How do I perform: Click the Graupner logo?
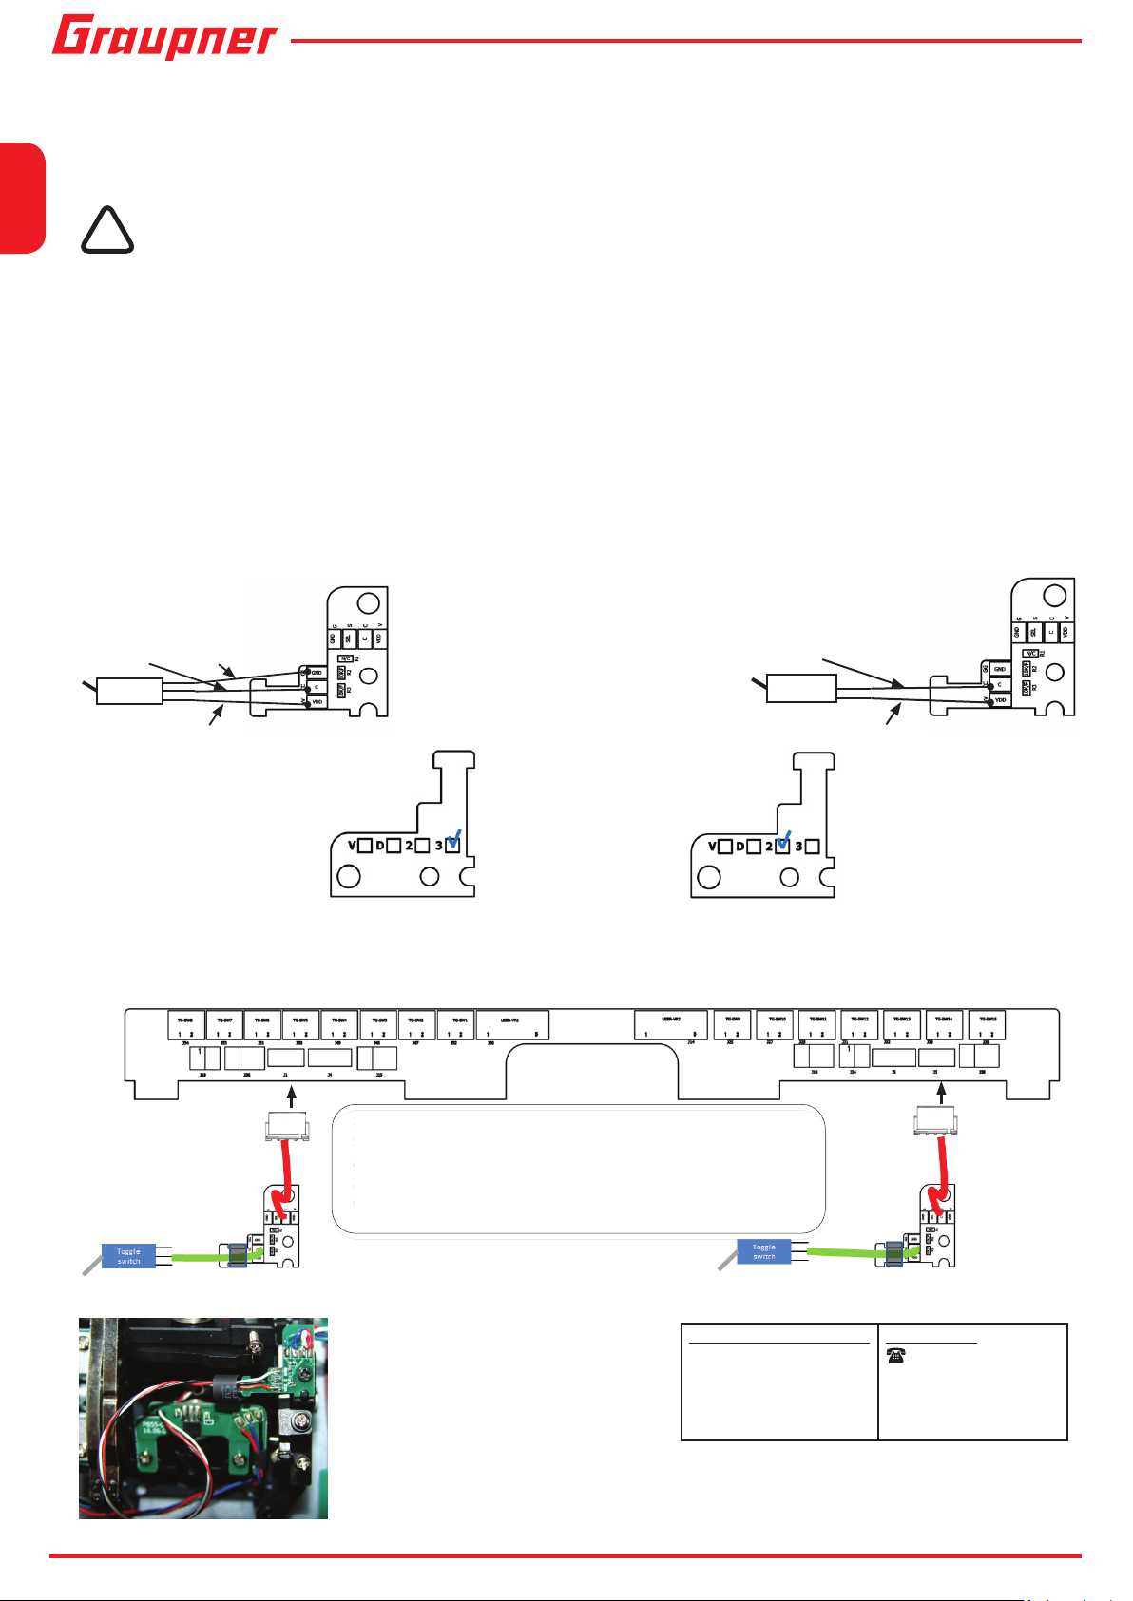pos(164,38)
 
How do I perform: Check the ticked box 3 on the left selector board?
pos(452,846)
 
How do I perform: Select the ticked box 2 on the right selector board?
pos(782,846)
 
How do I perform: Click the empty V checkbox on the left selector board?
pos(365,846)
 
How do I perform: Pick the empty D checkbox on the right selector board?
pos(754,846)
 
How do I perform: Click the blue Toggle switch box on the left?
pos(128,1256)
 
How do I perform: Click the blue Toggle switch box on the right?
pos(764,1251)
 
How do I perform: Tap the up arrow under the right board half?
pos(942,1095)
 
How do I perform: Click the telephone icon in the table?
pos(894,1358)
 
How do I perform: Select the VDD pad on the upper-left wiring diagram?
pos(317,701)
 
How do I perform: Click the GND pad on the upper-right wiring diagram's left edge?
pos(999,669)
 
